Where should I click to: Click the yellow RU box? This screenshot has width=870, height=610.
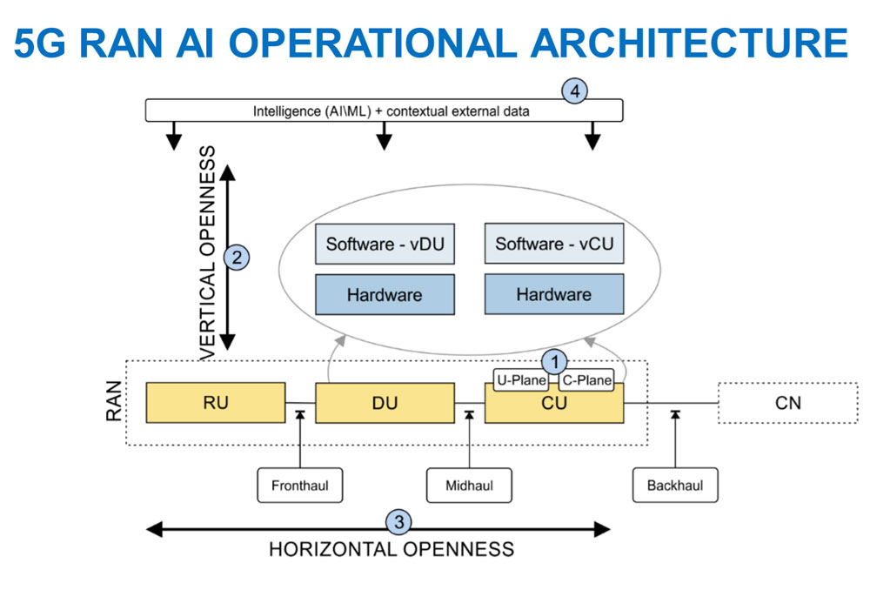click(x=216, y=402)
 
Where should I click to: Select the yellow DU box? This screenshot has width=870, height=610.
click(x=385, y=403)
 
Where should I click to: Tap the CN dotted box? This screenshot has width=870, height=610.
click(x=787, y=402)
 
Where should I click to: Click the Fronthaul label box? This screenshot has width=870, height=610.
click(x=299, y=485)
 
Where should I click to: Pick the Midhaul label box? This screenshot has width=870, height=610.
click(x=469, y=485)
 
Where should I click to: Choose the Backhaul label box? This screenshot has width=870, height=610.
click(x=674, y=485)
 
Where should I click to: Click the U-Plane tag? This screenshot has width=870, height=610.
click(x=520, y=380)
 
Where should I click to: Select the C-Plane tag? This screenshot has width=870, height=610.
click(x=586, y=380)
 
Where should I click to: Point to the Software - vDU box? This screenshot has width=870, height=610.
click(x=385, y=245)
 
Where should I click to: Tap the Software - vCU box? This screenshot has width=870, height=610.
click(x=554, y=245)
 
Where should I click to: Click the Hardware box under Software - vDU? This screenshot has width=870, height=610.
click(x=385, y=295)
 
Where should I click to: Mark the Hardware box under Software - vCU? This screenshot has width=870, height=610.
click(x=554, y=295)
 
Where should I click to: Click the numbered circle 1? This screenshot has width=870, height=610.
click(x=554, y=360)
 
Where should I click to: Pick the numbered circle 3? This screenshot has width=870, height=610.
click(x=399, y=522)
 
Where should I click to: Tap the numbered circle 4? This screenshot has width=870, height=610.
click(x=574, y=90)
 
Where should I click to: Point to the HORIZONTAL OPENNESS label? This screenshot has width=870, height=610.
click(x=391, y=549)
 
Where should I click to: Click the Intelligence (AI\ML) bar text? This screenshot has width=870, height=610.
click(x=391, y=111)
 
